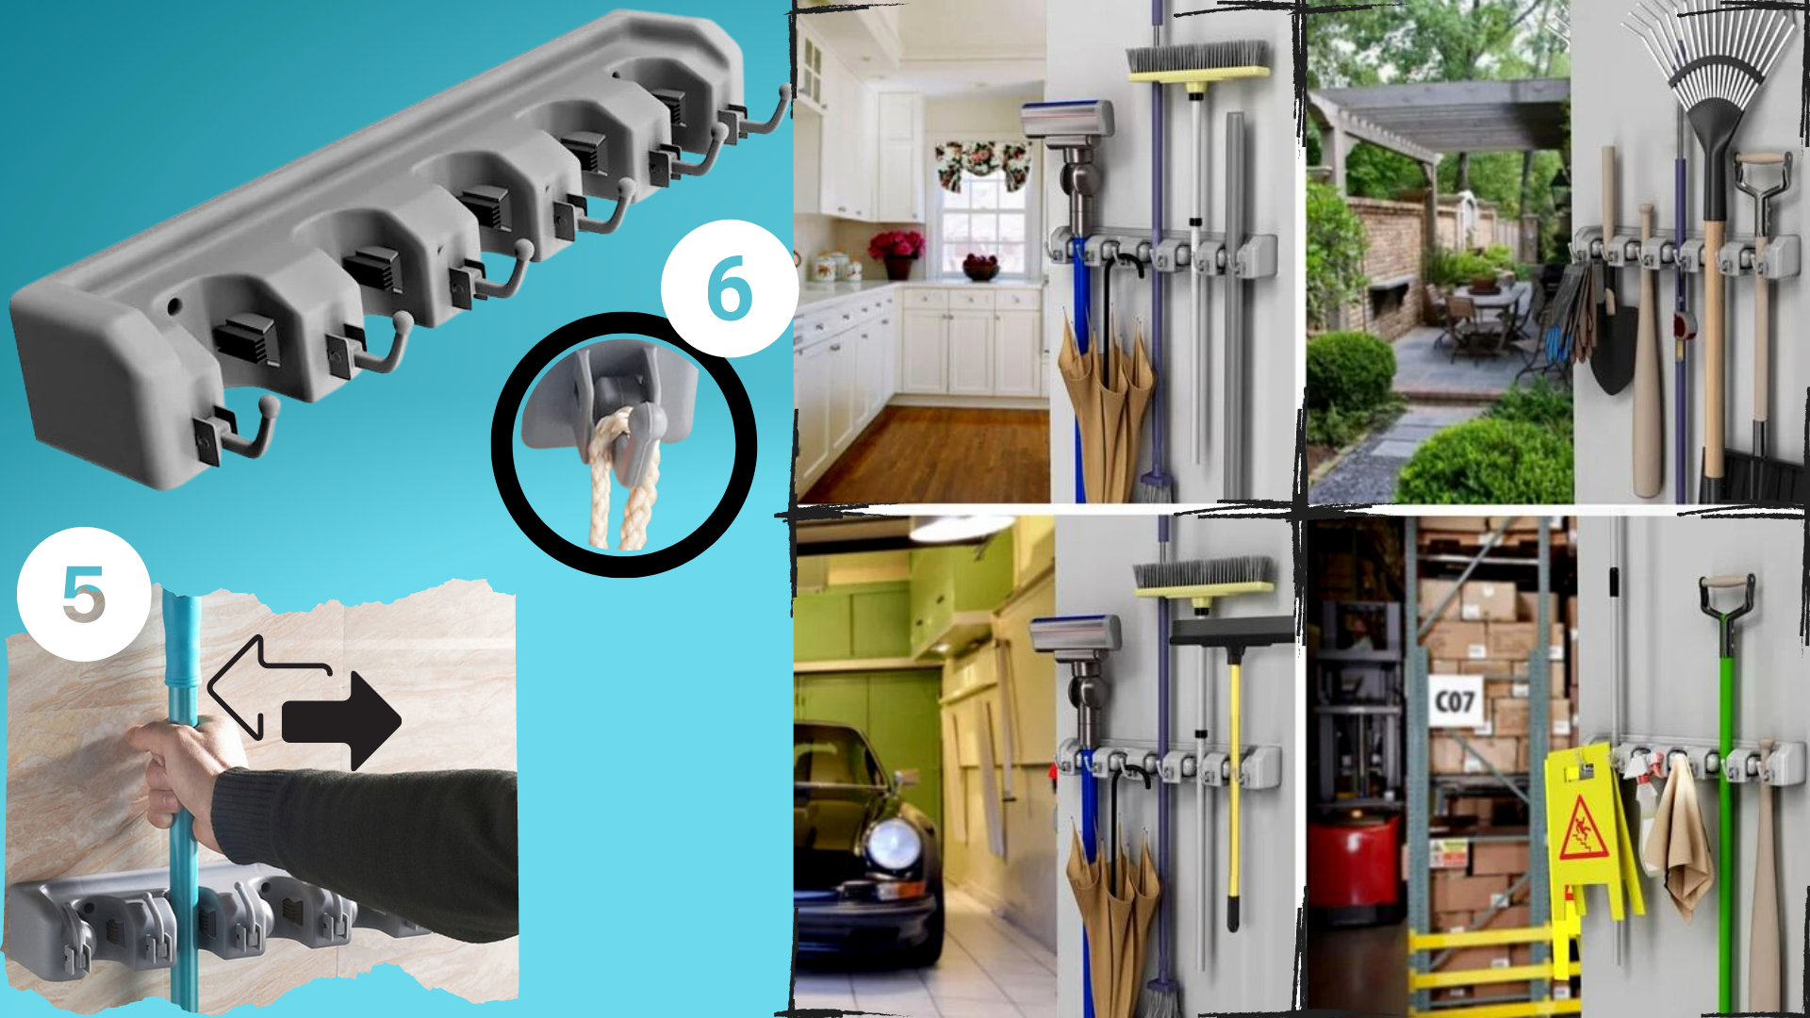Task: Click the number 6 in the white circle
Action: coord(730,287)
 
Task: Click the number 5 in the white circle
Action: coord(84,594)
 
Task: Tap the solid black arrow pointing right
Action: coord(341,721)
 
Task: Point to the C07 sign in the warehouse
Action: coord(1455,701)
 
